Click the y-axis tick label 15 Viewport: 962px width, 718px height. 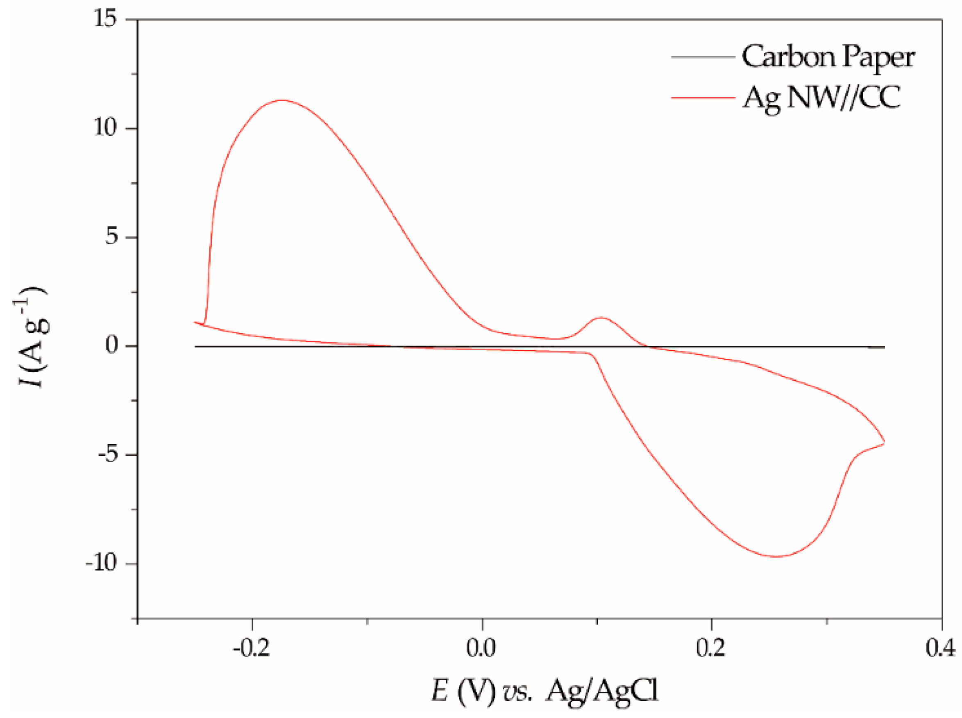point(106,19)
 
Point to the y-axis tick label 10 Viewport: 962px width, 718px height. point(106,128)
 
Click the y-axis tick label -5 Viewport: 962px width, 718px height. point(108,455)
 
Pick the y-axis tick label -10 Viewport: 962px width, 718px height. point(102,564)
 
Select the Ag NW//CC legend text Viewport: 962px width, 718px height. point(821,98)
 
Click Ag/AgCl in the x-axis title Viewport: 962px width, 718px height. point(602,691)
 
